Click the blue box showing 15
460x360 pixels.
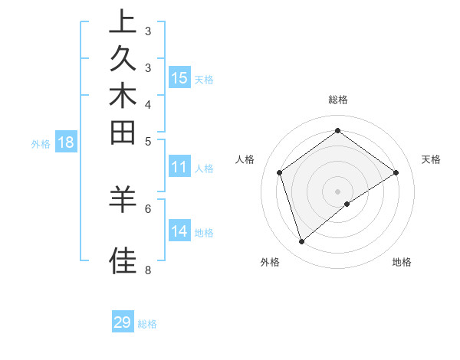(x=179, y=77)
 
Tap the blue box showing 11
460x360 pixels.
(x=179, y=168)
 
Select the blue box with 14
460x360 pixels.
(x=179, y=231)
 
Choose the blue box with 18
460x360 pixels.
(x=66, y=142)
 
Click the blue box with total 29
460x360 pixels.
(x=123, y=322)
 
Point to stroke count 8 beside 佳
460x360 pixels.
(x=148, y=270)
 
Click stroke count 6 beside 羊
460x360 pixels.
(x=148, y=208)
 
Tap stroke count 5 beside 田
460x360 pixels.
(x=148, y=141)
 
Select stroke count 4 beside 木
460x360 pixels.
(x=148, y=104)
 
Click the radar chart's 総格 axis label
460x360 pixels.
(x=337, y=100)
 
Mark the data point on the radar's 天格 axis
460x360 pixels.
(x=396, y=172)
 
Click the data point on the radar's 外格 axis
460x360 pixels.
(x=301, y=242)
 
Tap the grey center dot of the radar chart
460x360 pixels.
(x=337, y=191)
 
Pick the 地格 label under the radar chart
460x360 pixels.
(x=402, y=262)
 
